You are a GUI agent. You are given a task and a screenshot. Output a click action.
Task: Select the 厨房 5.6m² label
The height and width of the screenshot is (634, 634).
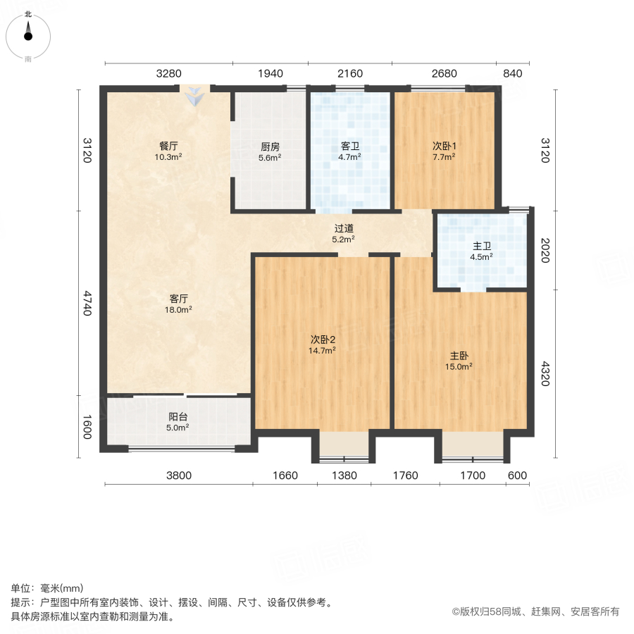pyautogui.click(x=271, y=151)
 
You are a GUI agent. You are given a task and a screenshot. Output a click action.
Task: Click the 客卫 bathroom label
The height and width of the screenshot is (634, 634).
pyautogui.click(x=350, y=151)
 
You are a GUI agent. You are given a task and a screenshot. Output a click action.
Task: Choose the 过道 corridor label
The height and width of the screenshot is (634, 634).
pyautogui.click(x=344, y=233)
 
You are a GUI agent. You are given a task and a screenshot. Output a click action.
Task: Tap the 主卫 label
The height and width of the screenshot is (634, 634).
pyautogui.click(x=482, y=251)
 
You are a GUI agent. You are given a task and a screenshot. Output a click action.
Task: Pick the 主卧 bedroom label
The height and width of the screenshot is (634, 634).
pyautogui.click(x=461, y=361)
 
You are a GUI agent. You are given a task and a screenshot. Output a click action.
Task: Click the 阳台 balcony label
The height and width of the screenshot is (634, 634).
pyautogui.click(x=178, y=421)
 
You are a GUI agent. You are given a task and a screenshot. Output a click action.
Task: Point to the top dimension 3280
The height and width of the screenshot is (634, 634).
pyautogui.click(x=169, y=73)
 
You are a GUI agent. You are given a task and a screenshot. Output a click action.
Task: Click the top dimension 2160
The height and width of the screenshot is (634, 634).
pyautogui.click(x=349, y=73)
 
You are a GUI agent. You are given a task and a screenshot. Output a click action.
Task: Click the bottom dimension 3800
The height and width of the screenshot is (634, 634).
pyautogui.click(x=179, y=475)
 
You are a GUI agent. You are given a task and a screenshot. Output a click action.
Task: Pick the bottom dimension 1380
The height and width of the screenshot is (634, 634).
pyautogui.click(x=344, y=475)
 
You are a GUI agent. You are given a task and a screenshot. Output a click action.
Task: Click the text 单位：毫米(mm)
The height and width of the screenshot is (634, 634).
pyautogui.click(x=47, y=589)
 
